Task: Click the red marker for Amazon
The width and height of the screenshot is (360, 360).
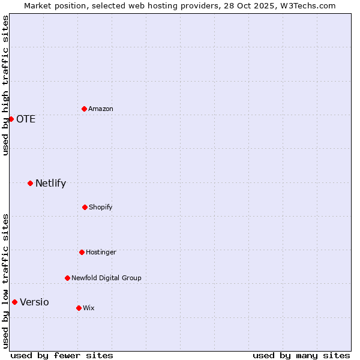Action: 84,109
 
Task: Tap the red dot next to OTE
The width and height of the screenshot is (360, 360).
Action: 11,119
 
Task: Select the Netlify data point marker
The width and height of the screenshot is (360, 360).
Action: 30,183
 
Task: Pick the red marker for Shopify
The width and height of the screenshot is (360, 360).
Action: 85,207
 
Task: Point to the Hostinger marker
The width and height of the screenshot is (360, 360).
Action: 82,252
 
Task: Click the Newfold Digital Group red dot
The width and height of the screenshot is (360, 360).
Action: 67,278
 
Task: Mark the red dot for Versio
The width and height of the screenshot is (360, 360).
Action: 14,302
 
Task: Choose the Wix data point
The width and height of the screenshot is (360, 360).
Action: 79,308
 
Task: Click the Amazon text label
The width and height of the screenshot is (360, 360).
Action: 101,109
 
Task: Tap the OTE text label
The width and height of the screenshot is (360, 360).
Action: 26,119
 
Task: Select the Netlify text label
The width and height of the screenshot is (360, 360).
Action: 50,183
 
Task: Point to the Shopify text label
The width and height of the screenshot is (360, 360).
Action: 101,207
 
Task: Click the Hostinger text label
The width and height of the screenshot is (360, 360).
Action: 101,252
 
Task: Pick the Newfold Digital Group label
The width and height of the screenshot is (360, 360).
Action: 106,278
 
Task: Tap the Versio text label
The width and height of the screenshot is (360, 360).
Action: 34,302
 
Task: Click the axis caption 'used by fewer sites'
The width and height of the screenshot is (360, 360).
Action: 62,355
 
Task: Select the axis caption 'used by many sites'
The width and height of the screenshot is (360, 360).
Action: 301,355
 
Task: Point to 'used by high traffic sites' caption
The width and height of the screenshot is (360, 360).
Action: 5,85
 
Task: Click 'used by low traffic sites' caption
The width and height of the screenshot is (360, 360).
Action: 5,281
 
